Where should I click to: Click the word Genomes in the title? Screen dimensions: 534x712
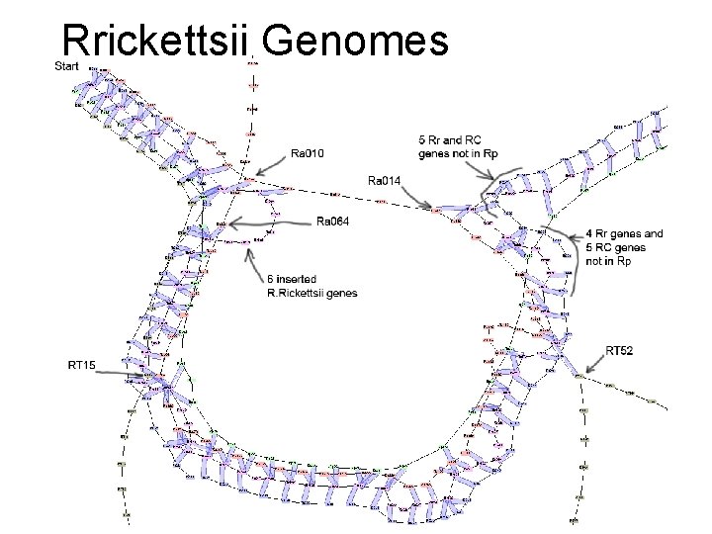click(x=356, y=43)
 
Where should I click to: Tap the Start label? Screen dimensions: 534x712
click(x=67, y=66)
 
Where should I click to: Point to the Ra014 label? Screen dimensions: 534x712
click(x=384, y=181)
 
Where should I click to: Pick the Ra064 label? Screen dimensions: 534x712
click(x=332, y=221)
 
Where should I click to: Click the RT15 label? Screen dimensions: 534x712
click(x=81, y=365)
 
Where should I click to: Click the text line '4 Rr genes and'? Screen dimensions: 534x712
click(x=623, y=233)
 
